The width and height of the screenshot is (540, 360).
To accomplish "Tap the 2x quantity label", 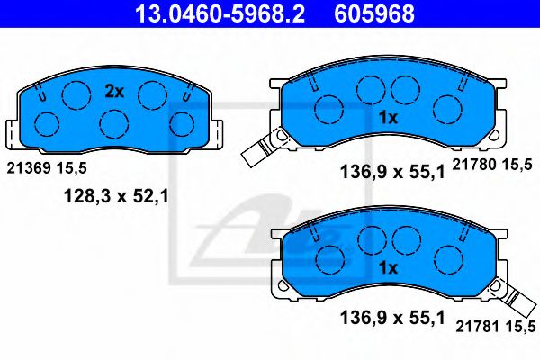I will [113, 91].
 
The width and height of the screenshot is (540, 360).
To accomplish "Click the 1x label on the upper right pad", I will [388, 118].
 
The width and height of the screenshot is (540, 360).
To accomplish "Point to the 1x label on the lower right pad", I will [388, 268].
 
